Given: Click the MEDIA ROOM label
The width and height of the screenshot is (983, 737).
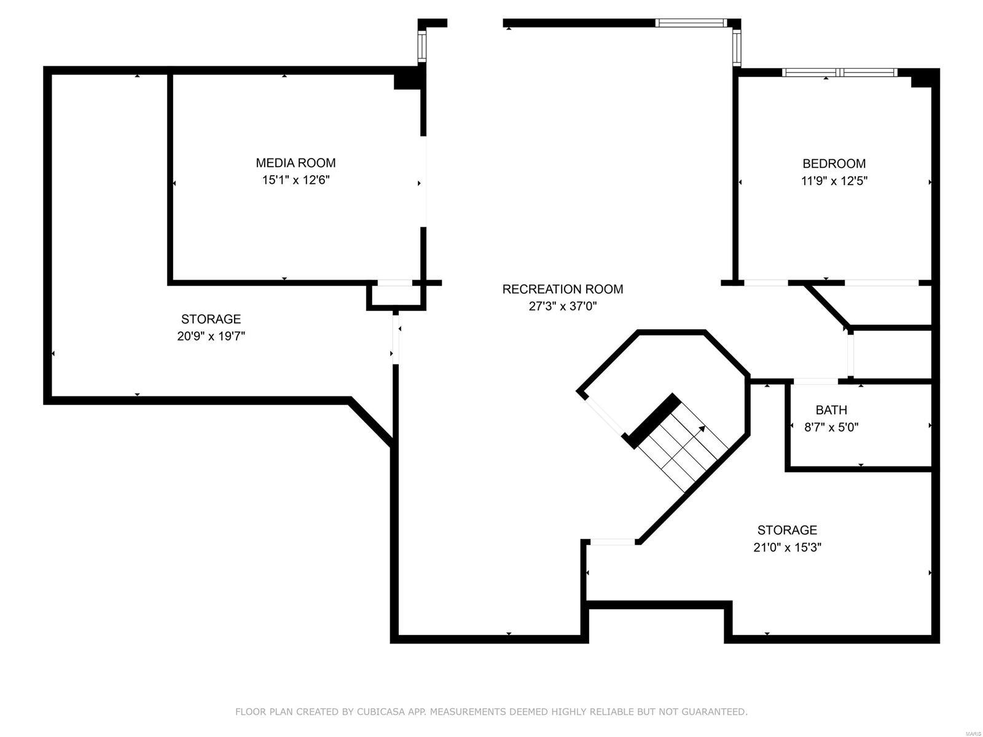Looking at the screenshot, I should [296, 163].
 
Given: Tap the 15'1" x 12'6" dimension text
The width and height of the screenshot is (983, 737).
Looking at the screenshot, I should [296, 180].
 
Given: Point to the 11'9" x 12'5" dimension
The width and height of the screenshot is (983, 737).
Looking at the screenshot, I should [834, 181].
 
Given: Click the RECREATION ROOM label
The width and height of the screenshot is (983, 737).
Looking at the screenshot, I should [562, 289].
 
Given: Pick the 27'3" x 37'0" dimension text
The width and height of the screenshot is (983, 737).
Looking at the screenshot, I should [562, 306].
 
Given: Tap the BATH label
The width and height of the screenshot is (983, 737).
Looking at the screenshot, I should [831, 410].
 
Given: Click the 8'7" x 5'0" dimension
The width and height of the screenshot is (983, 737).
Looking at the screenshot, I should [831, 427].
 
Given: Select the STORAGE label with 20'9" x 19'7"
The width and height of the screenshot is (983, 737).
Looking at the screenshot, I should [211, 319].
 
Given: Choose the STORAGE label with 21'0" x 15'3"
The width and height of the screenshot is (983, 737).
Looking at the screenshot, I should [786, 530].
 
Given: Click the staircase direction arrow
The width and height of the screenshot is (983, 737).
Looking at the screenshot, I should [701, 428].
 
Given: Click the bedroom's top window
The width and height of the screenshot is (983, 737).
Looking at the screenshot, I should [839, 73].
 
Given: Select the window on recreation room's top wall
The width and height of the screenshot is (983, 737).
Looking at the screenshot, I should [691, 23].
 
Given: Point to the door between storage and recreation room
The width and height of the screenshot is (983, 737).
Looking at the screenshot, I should [396, 339].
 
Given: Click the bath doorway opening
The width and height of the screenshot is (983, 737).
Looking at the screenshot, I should [815, 381].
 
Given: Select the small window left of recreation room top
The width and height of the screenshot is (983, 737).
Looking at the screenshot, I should [422, 45].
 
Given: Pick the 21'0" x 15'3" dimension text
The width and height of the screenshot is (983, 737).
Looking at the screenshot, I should [786, 547].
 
